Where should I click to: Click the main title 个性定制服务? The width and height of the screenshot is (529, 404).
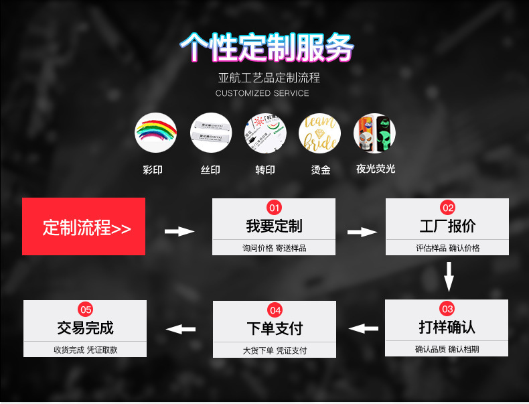click(267, 47)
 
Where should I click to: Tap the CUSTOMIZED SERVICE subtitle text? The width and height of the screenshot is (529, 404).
click(262, 93)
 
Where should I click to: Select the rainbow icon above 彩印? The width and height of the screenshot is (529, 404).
click(156, 133)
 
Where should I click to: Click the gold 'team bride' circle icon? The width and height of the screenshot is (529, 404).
click(319, 133)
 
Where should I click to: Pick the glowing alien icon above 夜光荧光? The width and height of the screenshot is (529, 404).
click(374, 133)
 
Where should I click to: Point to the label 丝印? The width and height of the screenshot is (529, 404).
click(210, 170)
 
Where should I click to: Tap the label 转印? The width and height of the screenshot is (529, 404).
click(264, 170)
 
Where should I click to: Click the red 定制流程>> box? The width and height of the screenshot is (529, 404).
click(84, 226)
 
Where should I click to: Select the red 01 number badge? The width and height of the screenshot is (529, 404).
click(274, 207)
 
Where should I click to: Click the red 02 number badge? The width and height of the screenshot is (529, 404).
click(447, 207)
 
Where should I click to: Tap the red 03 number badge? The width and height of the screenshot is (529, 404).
click(447, 309)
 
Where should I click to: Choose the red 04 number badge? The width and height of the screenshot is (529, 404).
click(275, 310)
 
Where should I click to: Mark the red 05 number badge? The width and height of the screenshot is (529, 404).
click(86, 309)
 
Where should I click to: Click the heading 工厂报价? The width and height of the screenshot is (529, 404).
click(447, 226)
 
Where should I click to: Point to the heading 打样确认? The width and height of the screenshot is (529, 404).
click(447, 327)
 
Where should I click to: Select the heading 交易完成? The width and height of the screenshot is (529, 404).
click(86, 328)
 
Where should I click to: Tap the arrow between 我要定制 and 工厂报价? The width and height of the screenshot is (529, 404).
click(362, 232)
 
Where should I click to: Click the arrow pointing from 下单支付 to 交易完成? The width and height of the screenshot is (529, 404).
click(180, 329)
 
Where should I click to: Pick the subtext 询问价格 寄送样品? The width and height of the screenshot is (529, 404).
click(274, 248)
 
